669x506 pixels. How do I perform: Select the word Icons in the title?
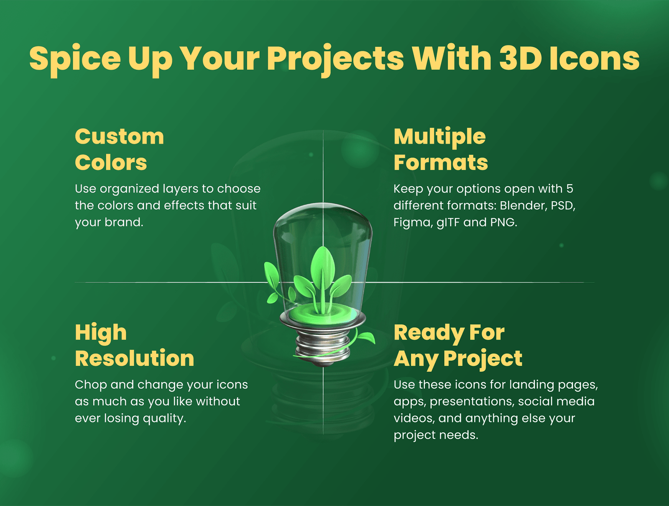point(594,58)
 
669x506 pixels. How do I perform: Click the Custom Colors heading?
point(119,149)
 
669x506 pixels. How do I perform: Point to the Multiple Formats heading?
point(440,149)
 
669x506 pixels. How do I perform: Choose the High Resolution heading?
point(134,345)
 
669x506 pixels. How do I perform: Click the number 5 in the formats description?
point(569,188)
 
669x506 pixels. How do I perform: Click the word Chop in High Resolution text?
point(91,385)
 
